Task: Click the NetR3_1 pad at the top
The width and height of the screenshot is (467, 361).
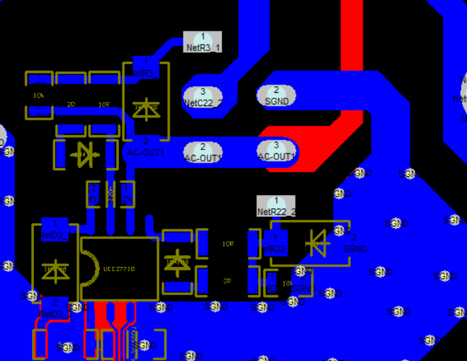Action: tap(202, 42)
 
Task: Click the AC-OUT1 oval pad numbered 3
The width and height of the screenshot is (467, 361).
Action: tap(276, 151)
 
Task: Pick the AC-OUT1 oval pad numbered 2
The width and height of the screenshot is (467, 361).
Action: tap(202, 152)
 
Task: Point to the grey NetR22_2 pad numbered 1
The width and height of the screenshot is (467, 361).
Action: tap(276, 206)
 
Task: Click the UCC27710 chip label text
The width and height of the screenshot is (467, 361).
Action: tap(119, 269)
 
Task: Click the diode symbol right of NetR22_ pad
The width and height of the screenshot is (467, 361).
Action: tap(316, 242)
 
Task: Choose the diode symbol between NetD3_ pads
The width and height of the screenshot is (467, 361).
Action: tap(55, 269)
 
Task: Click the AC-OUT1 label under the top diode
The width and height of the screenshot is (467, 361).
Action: tap(146, 152)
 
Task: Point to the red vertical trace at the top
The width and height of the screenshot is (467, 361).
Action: tap(351, 33)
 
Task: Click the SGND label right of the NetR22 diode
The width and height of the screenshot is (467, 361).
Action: tap(354, 248)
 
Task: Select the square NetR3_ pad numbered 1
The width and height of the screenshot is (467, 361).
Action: tap(146, 66)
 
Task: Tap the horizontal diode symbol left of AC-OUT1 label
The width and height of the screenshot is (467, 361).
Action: tap(85, 154)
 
